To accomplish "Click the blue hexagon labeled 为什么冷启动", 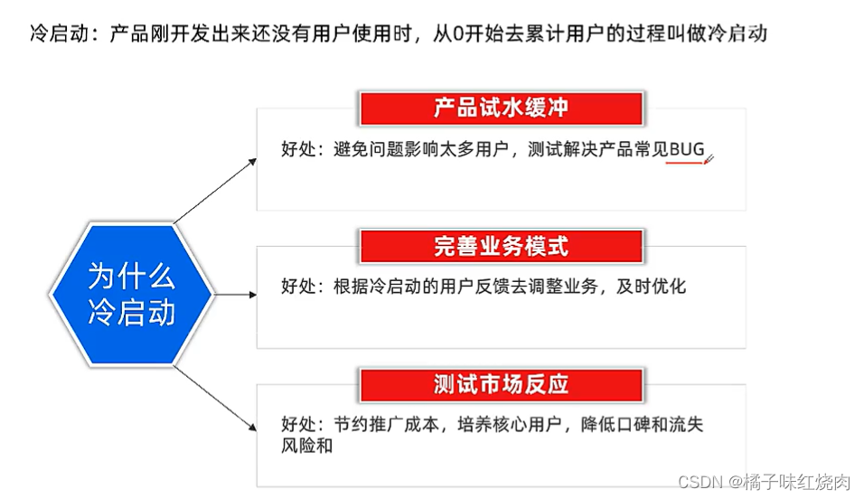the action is (x=132, y=294).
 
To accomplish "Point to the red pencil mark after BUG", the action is (x=709, y=160).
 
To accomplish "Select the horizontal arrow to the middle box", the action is (x=234, y=294).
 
